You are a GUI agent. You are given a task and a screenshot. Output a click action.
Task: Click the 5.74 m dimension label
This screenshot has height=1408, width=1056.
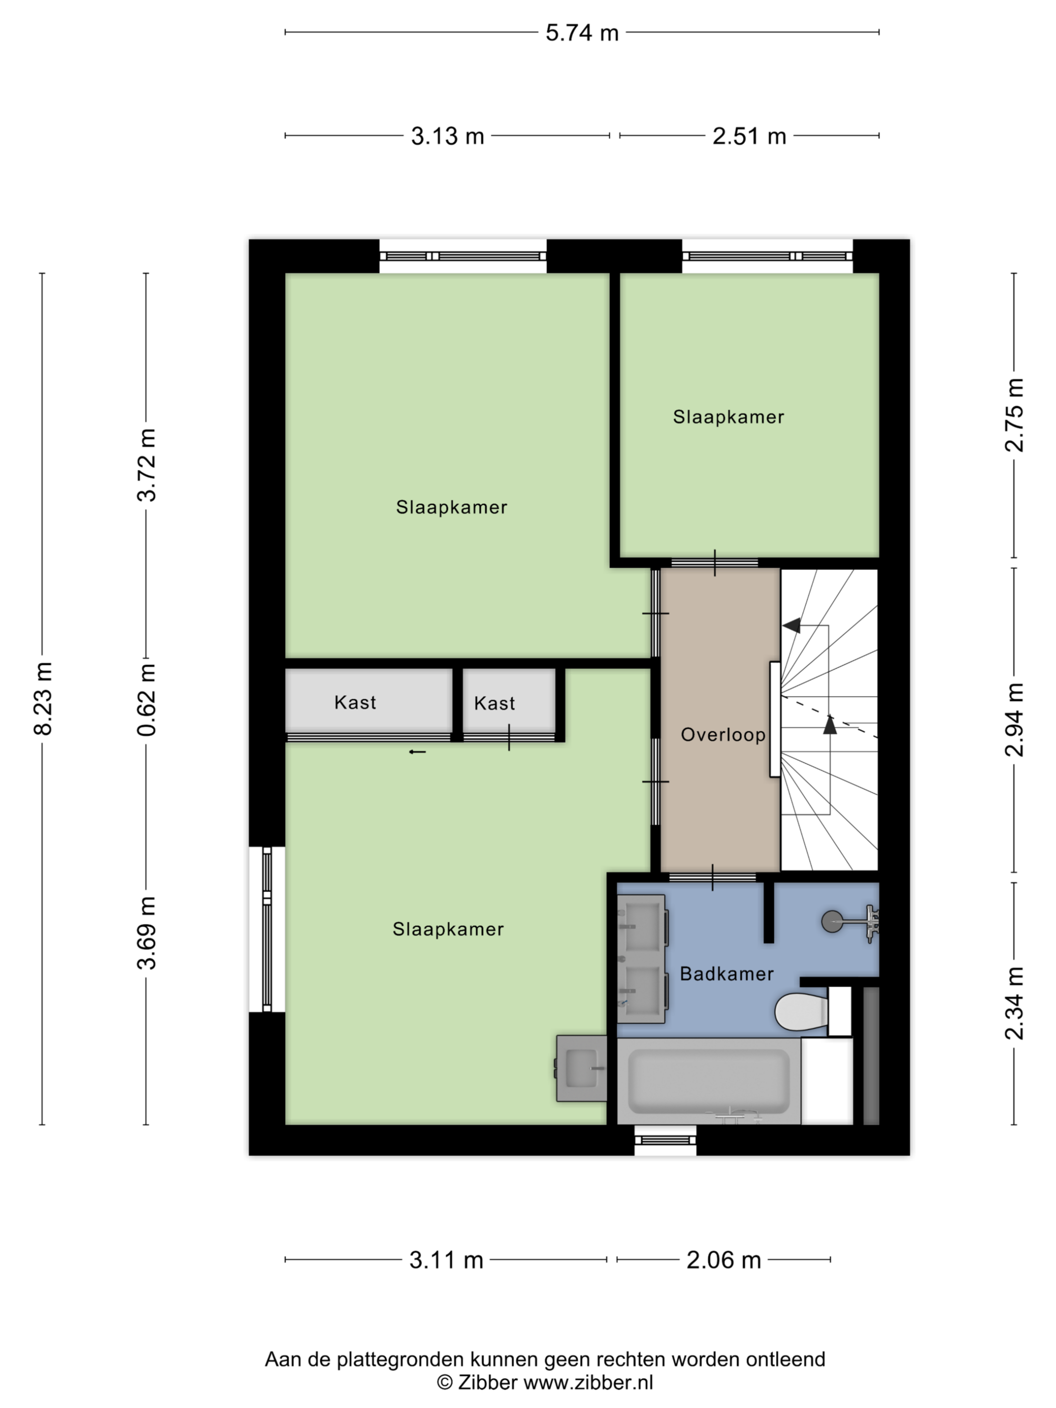tap(582, 33)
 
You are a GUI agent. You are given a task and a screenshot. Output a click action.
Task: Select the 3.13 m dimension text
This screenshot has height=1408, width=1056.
tap(447, 136)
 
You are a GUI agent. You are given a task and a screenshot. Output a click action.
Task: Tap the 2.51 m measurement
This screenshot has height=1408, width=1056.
tap(749, 136)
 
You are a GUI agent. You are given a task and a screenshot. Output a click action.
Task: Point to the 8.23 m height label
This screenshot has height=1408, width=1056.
tap(43, 698)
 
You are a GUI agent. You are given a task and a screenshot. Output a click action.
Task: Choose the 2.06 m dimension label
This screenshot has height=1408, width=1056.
tap(723, 1260)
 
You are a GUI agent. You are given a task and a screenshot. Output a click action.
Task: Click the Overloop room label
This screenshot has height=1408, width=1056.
tap(723, 735)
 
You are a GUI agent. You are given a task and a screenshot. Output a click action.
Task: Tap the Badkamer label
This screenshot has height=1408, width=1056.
tap(726, 973)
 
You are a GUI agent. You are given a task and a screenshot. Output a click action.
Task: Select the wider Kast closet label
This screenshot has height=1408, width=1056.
tap(355, 702)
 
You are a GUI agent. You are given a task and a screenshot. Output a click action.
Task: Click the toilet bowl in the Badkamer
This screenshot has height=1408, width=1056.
tap(801, 1011)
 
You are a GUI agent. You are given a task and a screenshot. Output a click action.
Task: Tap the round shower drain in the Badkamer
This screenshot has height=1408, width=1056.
tap(831, 921)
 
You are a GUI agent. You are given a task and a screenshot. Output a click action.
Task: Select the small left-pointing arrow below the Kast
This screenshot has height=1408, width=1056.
tap(417, 752)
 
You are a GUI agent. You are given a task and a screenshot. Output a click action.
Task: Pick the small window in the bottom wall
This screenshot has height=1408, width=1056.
tap(665, 1139)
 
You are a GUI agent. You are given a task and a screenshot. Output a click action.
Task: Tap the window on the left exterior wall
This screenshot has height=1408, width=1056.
tap(267, 929)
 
